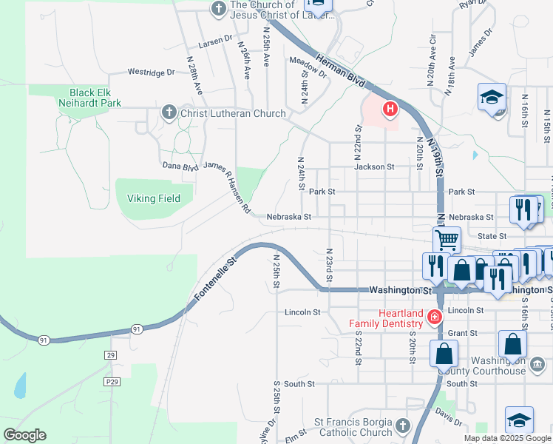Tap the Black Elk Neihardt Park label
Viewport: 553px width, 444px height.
coord(90,98)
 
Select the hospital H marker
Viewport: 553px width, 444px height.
coord(390,110)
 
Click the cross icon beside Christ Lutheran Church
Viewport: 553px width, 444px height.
coord(169,113)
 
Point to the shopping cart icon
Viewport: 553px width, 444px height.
coord(447,240)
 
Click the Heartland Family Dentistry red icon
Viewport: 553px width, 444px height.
coord(435,318)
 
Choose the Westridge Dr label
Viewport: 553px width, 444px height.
coord(151,73)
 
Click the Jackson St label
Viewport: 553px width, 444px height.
coord(374,167)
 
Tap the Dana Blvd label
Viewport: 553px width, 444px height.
coord(180,166)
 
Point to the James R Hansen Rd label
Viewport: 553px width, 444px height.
coord(227,189)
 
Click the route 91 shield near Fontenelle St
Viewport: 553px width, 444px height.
coord(137,327)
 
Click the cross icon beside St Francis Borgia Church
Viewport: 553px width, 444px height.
coord(402,425)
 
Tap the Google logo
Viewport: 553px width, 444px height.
coord(24,435)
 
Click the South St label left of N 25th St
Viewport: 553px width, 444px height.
coord(299,384)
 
